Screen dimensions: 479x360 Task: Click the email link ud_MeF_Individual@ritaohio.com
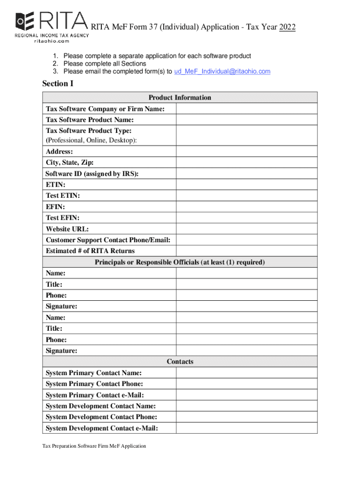(x=222, y=72)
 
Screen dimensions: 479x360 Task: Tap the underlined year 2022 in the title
(x=288, y=27)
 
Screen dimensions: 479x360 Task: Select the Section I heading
(x=58, y=84)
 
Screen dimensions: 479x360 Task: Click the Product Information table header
(x=180, y=98)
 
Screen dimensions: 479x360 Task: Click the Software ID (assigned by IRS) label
(x=92, y=174)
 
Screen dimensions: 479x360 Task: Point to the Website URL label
(x=67, y=229)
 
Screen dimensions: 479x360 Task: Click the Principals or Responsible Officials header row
(x=180, y=262)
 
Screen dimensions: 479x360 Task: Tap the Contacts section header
(x=180, y=362)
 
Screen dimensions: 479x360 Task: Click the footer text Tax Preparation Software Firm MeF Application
(x=94, y=446)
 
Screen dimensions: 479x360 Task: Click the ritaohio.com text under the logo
(x=51, y=41)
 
